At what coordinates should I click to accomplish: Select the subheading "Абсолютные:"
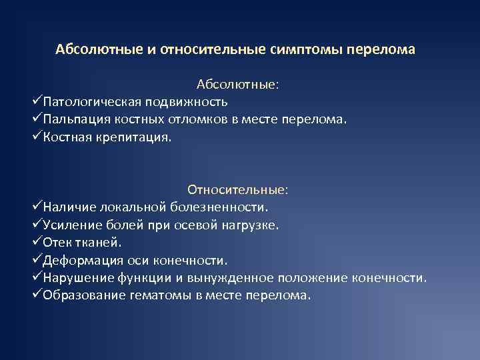(238, 85)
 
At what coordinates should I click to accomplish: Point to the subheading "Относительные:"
(238, 190)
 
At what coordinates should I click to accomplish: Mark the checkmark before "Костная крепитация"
(37, 137)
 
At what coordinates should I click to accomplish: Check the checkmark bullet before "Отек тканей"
(37, 242)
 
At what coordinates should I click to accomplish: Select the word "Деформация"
(80, 259)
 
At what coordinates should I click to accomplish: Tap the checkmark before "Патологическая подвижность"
(37, 102)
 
